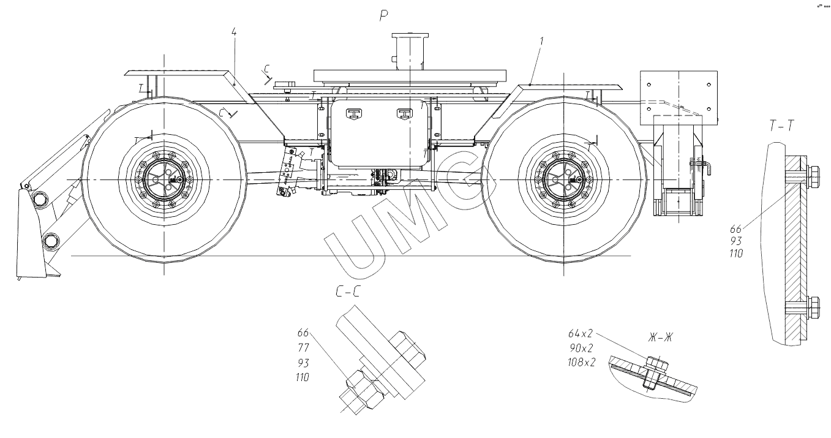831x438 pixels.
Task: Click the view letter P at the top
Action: point(384,17)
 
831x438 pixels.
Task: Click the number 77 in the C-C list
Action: point(303,347)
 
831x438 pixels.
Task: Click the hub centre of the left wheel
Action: point(164,179)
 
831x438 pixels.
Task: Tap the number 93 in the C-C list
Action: point(303,362)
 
